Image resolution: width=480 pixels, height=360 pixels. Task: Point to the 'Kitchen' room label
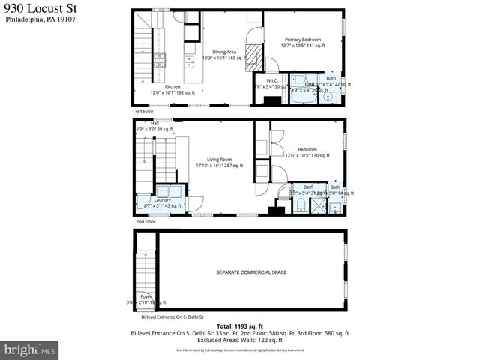172,86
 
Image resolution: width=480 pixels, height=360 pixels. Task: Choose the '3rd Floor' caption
144,111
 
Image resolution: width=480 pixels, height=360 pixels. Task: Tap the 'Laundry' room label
163,199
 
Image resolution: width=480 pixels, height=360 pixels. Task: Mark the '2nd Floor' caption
145,222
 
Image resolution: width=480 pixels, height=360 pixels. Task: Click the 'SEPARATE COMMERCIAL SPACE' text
251,272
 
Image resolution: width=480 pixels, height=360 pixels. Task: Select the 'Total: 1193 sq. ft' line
239,325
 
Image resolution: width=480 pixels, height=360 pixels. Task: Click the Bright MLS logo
30,349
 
